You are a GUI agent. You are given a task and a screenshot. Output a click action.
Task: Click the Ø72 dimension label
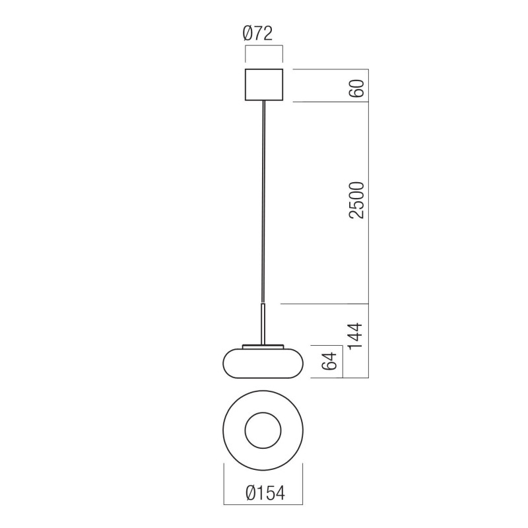(x=264, y=33)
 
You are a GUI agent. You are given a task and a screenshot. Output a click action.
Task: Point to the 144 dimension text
(x=356, y=340)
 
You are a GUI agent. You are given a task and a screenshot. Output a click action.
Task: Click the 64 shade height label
(x=332, y=361)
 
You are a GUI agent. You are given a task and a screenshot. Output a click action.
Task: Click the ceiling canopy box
(x=264, y=84)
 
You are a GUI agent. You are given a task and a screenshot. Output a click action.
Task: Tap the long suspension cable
(x=264, y=198)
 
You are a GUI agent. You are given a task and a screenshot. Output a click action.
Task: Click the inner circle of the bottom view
(x=263, y=433)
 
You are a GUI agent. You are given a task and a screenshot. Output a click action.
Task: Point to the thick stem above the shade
(x=264, y=323)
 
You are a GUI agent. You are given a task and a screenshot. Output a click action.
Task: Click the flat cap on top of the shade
(x=264, y=345)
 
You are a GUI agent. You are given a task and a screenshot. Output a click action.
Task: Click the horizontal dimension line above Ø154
(x=263, y=479)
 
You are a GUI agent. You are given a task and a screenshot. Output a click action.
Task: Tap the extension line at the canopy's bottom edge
(x=330, y=102)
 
